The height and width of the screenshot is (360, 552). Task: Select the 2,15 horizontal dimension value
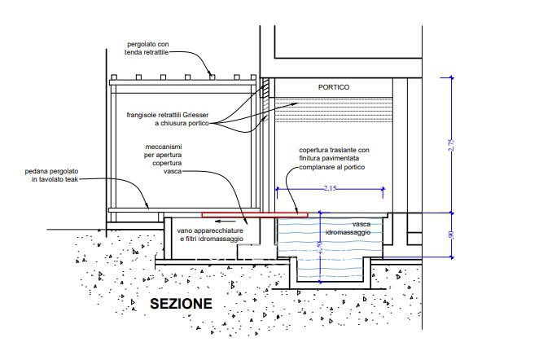(329, 187)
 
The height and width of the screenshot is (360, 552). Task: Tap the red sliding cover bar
(255, 216)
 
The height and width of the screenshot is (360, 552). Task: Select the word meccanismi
(160, 147)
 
